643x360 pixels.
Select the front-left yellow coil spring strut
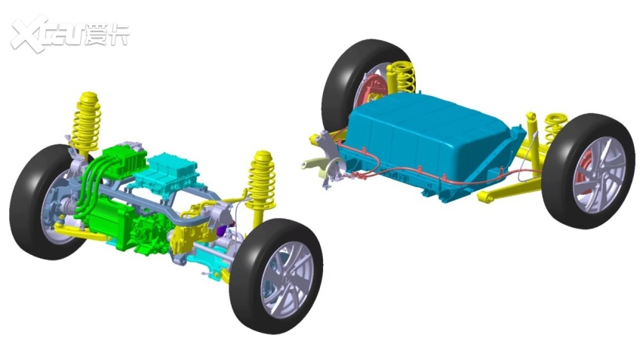pos(86,122)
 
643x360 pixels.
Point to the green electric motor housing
pos(111,221)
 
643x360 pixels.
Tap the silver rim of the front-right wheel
pos(287,278)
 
